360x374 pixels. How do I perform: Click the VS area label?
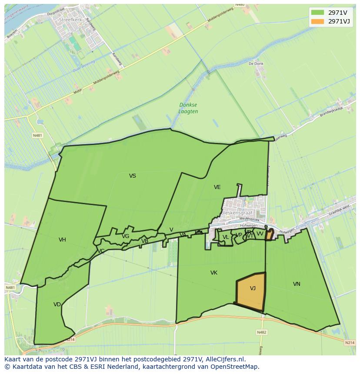click(133, 176)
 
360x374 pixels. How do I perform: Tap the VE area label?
click(217, 187)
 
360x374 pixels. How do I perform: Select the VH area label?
click(62, 240)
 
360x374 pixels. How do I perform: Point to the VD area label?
click(57, 304)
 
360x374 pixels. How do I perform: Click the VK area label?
click(213, 273)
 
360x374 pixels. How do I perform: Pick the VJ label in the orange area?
click(253, 288)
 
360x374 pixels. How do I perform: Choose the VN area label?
click(297, 284)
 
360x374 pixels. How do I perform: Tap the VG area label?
click(125, 236)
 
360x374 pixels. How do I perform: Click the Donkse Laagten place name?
click(188, 108)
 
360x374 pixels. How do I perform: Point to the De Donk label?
click(256, 63)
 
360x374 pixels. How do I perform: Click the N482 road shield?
click(261, 332)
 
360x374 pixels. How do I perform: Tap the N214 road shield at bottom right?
click(350, 343)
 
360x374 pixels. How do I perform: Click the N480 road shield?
click(240, 5)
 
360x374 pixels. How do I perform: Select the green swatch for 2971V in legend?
click(317, 12)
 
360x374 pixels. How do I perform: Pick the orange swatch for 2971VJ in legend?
click(317, 21)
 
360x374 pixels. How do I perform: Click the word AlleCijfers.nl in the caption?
click(225, 359)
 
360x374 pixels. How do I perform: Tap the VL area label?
click(225, 237)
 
